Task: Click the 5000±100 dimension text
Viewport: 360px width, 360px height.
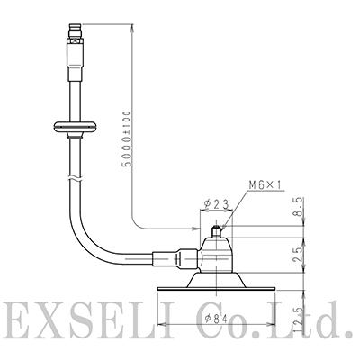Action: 127,139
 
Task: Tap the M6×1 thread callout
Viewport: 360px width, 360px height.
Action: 265,185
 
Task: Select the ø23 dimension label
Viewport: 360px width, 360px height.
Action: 217,204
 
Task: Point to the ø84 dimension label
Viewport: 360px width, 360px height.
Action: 216,317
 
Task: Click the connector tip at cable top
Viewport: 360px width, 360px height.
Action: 76,28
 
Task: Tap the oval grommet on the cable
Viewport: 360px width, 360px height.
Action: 75,127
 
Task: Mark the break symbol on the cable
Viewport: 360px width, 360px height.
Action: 75,178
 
